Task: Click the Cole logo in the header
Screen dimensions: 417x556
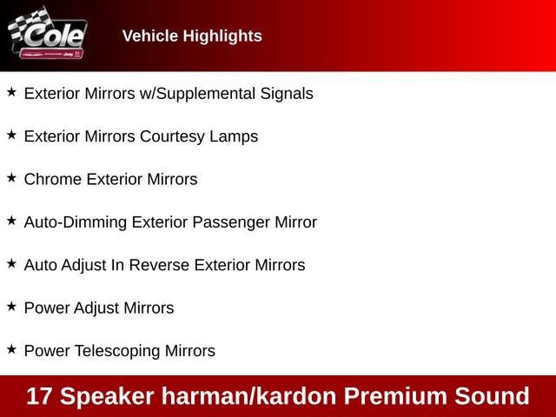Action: pos(47,36)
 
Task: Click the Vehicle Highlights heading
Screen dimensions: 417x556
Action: pos(192,36)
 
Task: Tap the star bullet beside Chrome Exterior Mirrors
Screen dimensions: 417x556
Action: pos(11,177)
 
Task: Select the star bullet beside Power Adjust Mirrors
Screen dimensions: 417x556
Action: pos(11,306)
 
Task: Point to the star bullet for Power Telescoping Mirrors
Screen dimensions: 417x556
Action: pos(11,348)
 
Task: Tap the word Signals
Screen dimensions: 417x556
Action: pos(287,94)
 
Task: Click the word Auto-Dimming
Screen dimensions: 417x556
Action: pos(75,222)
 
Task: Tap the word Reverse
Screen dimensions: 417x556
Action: pos(160,265)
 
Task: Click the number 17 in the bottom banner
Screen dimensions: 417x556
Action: pos(39,396)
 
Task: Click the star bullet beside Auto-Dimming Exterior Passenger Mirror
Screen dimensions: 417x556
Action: pos(11,220)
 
